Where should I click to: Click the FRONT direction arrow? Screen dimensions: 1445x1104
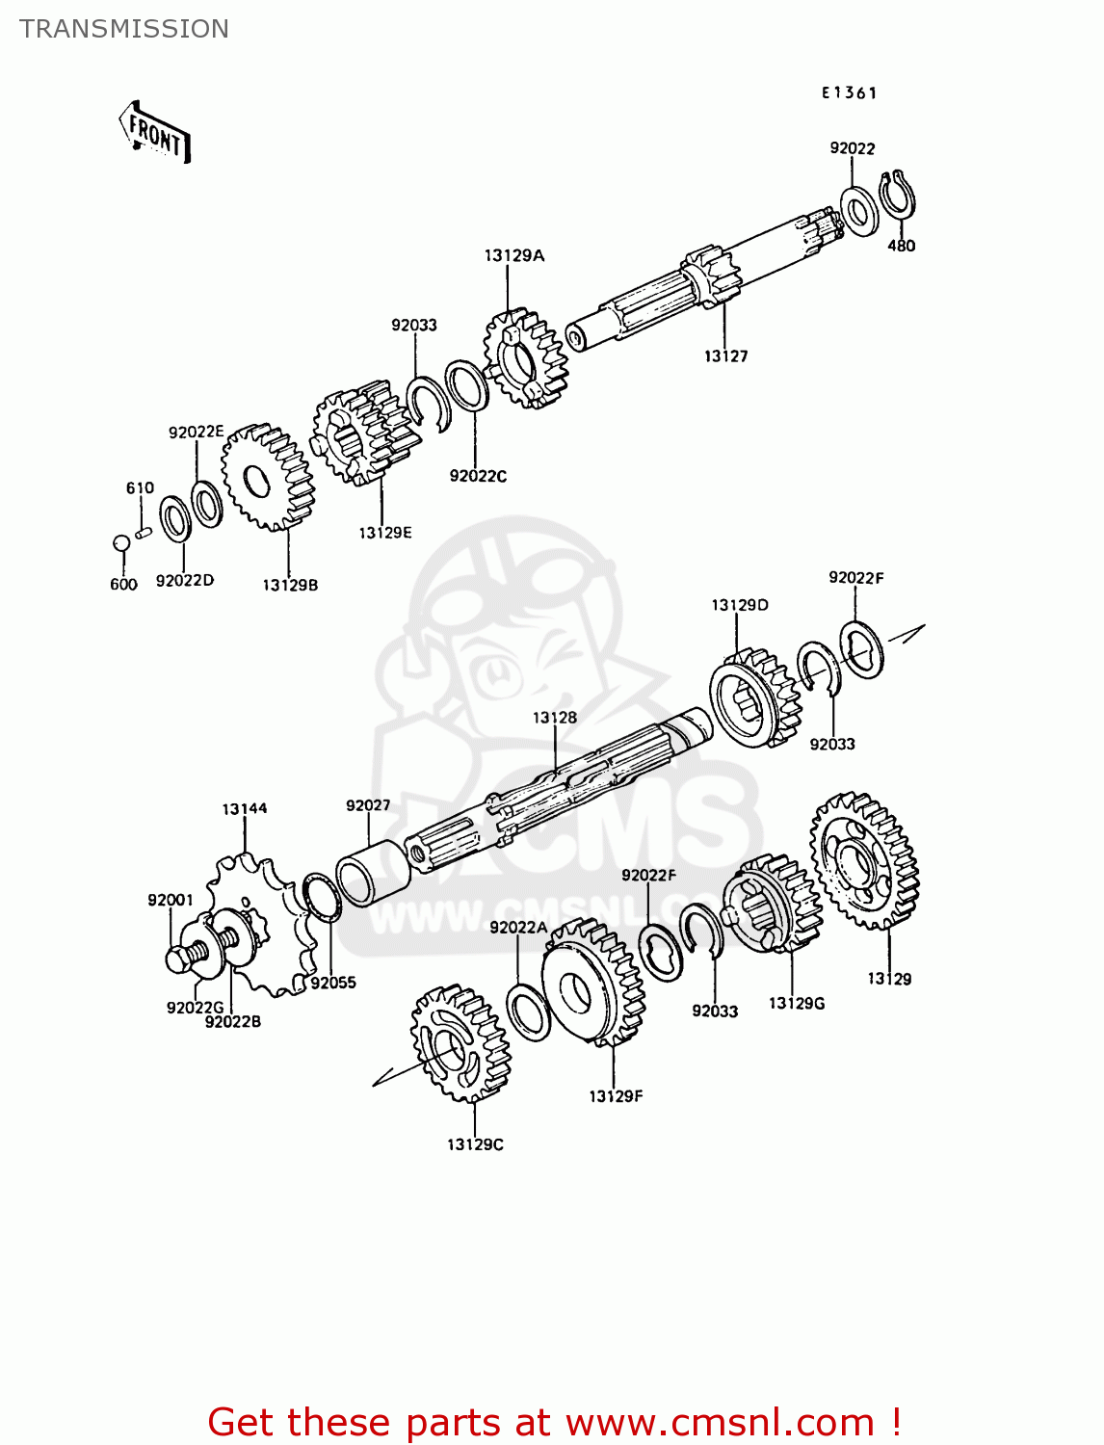[x=155, y=132]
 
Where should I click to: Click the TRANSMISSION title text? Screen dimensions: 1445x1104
[x=124, y=29]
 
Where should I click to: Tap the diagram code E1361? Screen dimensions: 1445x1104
[x=849, y=93]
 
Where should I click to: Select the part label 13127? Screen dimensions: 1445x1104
[x=725, y=356]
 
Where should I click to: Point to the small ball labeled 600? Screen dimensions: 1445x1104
[x=121, y=543]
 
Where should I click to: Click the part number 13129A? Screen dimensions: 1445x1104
[x=513, y=255]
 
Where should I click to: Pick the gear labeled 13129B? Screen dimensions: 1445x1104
[x=267, y=478]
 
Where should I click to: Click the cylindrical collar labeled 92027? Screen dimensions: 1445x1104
[x=373, y=873]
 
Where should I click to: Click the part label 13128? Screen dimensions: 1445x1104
[x=555, y=718]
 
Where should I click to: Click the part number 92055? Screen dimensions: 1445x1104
[x=333, y=983]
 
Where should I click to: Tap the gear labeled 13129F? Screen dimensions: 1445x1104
[x=592, y=983]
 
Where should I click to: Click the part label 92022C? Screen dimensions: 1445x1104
[x=478, y=476]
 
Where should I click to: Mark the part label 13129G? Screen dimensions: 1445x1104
[x=797, y=1004]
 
